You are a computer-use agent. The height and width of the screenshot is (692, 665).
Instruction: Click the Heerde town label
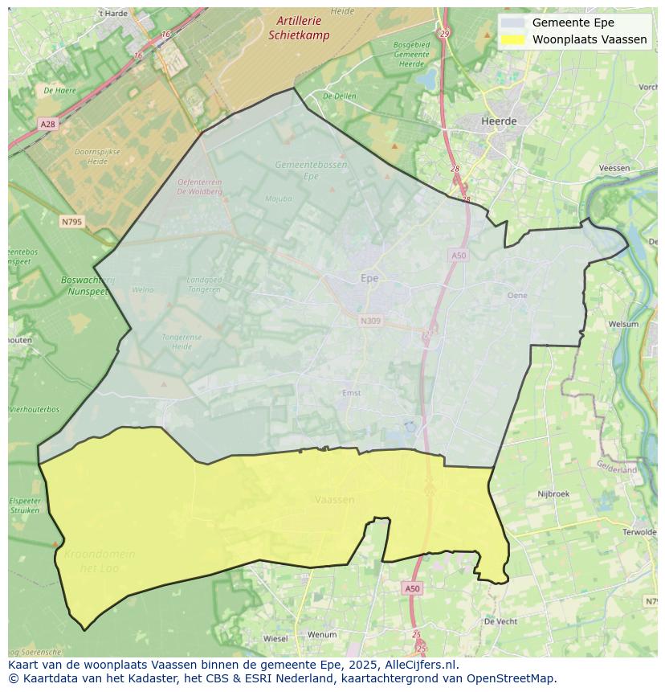[x=499, y=121]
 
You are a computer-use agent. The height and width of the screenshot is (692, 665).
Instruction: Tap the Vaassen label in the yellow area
[x=334, y=499]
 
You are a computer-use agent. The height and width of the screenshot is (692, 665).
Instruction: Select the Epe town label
[x=369, y=278]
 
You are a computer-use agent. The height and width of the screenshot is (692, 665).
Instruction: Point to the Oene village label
[x=517, y=295]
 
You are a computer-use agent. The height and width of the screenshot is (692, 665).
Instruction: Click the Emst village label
[x=352, y=392]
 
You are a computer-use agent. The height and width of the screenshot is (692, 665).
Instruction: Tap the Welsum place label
[x=623, y=324]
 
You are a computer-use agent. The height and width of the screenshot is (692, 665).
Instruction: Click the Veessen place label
[x=614, y=167]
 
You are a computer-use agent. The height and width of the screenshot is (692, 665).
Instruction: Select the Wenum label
[x=322, y=634]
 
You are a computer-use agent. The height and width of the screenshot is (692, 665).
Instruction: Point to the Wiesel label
[x=275, y=639]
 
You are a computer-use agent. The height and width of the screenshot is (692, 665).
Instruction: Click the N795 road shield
[x=70, y=221]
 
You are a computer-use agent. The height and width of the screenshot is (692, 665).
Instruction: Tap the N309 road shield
[x=370, y=321]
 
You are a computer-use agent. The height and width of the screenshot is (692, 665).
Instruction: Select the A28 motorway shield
[x=48, y=124]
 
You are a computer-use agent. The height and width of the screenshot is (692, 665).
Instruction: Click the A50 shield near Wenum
[x=411, y=588]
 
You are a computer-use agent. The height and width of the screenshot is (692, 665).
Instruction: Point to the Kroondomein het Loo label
[x=100, y=561]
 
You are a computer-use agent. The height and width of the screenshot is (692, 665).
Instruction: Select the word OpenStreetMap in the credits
[x=512, y=678]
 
